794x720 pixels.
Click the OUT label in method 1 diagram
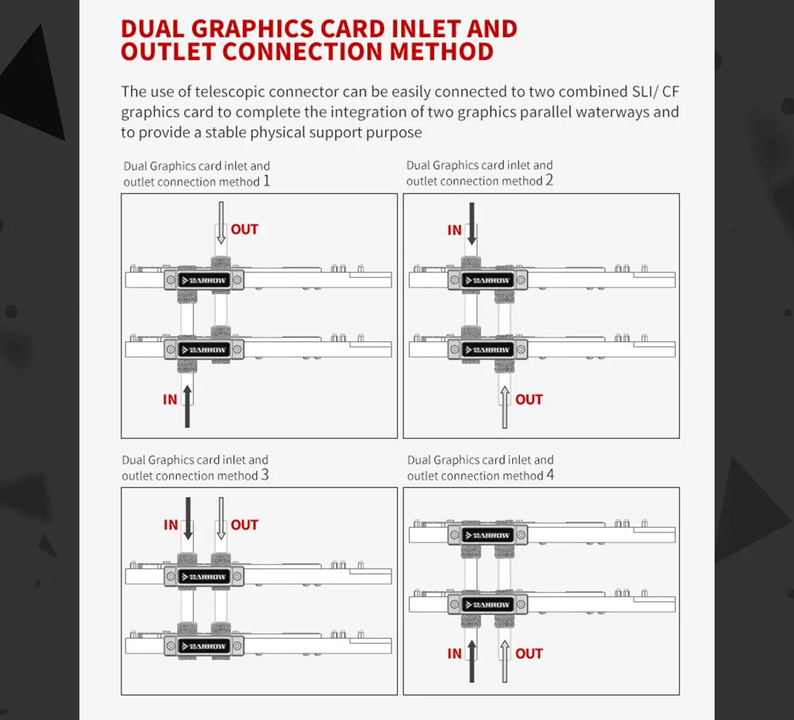point(245,229)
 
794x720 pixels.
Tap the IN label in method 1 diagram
point(170,399)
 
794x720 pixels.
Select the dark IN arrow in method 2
point(472,224)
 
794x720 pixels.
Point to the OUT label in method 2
point(529,399)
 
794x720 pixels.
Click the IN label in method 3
point(171,525)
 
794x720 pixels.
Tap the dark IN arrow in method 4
point(472,660)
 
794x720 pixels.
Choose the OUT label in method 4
point(529,653)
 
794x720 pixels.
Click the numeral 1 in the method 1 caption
point(266,181)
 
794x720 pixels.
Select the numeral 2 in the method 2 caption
point(549,179)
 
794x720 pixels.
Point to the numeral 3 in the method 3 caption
point(265,475)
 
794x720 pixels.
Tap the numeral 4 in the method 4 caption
point(550,475)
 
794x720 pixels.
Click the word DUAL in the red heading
point(152,29)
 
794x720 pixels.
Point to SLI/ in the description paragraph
point(645,91)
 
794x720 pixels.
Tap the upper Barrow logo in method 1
point(204,280)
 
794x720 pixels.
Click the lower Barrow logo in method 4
point(488,605)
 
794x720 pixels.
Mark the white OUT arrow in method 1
point(221,223)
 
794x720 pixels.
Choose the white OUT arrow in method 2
point(504,407)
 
